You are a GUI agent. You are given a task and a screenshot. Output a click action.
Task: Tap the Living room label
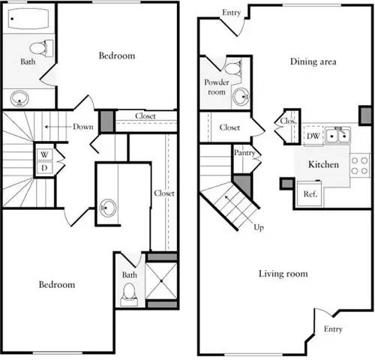283,274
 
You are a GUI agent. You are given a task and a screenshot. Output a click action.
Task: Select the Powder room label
216,87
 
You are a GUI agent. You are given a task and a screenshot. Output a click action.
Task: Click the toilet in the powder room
232,71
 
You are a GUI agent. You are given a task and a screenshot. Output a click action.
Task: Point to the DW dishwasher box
313,136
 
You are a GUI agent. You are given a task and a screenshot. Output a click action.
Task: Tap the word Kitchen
324,164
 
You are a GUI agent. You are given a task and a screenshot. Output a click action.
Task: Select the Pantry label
244,154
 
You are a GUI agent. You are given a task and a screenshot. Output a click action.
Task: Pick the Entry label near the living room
334,329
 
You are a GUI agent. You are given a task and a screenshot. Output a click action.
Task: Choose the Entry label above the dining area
232,12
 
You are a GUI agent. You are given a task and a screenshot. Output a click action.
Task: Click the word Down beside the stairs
82,127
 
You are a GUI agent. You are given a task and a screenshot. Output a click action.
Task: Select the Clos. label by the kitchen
286,121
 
